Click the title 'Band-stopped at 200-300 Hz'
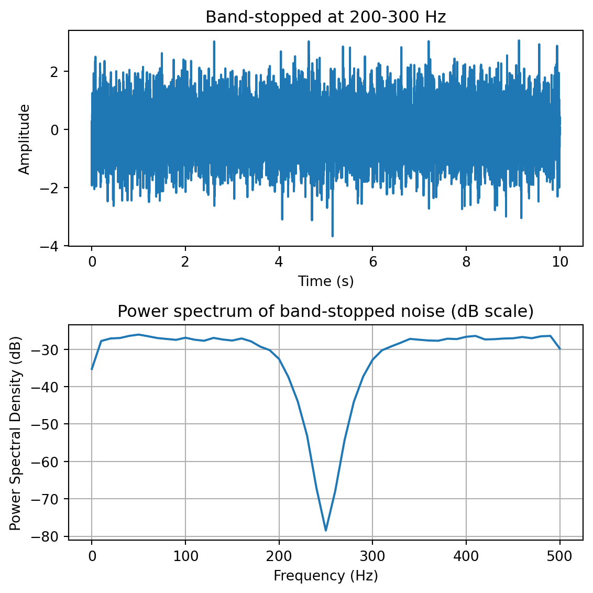[325, 17]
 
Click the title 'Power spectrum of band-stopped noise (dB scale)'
[325, 312]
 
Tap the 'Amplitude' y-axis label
[24, 139]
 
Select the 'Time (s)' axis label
[325, 281]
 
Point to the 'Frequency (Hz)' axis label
[325, 576]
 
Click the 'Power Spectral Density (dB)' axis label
[15, 433]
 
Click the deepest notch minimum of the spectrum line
[326, 530]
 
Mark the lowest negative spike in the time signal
[332, 236]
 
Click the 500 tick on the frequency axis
[560, 555]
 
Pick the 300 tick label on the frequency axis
[372, 555]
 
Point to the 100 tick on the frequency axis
[185, 555]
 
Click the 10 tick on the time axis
[560, 261]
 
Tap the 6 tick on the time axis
[372, 261]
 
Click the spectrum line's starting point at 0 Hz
[92, 369]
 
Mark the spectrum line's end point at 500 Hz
[560, 348]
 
